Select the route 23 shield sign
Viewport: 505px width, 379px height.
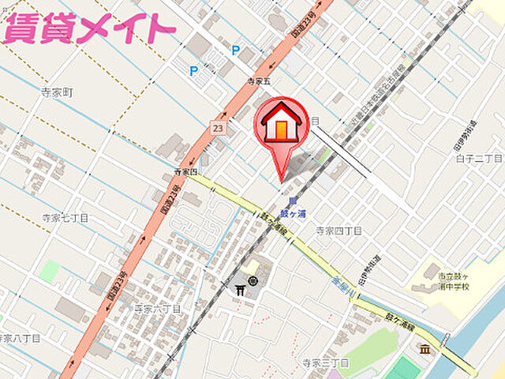(x=217, y=127)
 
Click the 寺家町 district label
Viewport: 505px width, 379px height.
(x=57, y=92)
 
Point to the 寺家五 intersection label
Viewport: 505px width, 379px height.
(x=258, y=81)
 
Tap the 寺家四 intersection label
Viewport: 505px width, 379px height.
(x=186, y=171)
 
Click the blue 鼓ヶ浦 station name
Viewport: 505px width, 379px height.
(x=293, y=213)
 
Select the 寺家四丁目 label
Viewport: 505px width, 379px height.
(x=339, y=231)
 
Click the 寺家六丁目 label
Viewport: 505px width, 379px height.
(x=157, y=308)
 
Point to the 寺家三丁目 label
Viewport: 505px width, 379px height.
(x=326, y=362)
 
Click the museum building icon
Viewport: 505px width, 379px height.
(x=425, y=348)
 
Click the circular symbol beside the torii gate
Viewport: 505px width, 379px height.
(x=252, y=281)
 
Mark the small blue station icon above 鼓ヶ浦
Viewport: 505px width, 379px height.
(x=292, y=201)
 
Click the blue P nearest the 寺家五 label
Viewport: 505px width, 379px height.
(x=235, y=51)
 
